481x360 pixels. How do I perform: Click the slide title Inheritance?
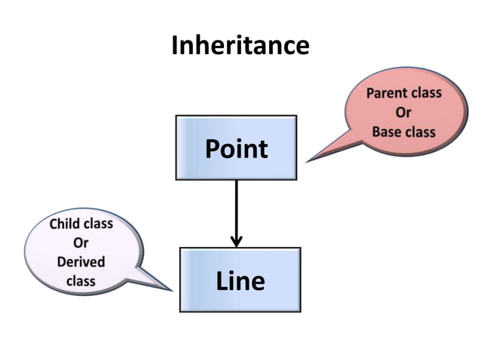240,45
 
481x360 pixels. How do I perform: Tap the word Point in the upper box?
236,148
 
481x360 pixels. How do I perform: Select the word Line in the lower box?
240,281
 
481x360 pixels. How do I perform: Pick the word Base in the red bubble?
386,132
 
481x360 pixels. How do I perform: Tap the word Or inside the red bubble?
403,113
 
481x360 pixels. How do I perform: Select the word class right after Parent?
425,94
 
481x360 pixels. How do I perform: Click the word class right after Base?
419,132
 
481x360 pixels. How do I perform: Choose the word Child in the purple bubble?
65,224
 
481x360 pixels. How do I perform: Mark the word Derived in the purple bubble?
81,262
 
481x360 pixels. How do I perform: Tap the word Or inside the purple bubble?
81,243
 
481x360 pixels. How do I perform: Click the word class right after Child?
98,224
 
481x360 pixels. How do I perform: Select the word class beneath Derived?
81,281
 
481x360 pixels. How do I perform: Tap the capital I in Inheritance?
175,45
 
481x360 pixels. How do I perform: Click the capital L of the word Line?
222,281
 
